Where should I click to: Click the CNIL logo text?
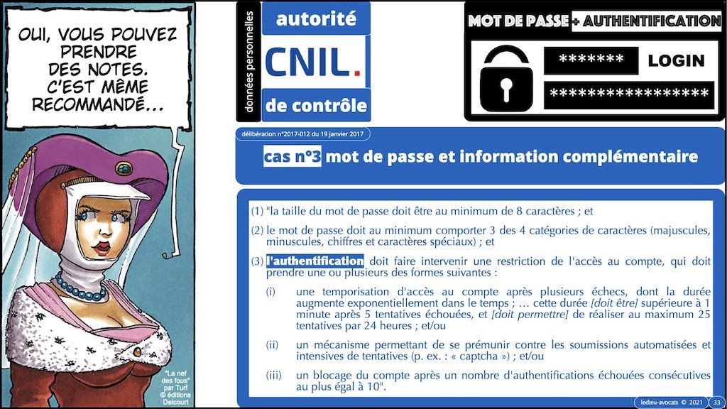pyautogui.click(x=312, y=62)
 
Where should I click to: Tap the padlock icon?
pyautogui.click(x=505, y=80)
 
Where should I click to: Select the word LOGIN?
pyautogui.click(x=676, y=60)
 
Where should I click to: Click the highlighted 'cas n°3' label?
pyautogui.click(x=292, y=156)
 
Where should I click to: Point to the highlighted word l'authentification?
pyautogui.click(x=315, y=261)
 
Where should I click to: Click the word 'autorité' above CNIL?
pyautogui.click(x=316, y=18)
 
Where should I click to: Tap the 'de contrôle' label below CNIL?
pyautogui.click(x=316, y=106)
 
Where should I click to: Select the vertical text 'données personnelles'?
pyautogui.click(x=249, y=61)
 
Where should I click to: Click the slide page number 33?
pyautogui.click(x=717, y=402)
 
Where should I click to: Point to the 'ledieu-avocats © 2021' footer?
pyautogui.click(x=672, y=402)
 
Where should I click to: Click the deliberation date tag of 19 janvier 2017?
pyautogui.click(x=302, y=134)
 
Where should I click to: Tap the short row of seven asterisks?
pyautogui.click(x=591, y=60)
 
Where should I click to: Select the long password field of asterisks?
pyautogui.click(x=629, y=95)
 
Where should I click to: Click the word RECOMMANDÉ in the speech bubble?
pyautogui.click(x=97, y=105)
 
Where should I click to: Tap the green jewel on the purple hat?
pyautogui.click(x=124, y=168)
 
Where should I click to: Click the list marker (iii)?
pyautogui.click(x=273, y=375)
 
